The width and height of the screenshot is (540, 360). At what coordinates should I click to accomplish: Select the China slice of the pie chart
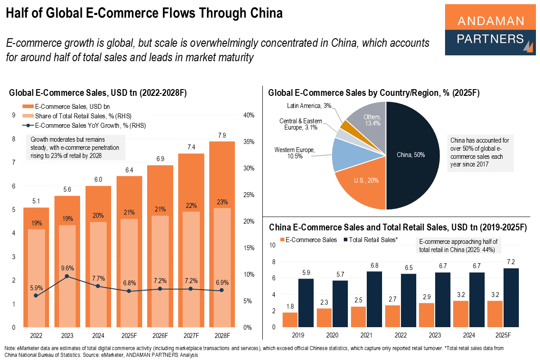412,155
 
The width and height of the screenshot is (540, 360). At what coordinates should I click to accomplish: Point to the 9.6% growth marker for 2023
67,276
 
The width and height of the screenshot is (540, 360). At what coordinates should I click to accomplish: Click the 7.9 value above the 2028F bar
221,135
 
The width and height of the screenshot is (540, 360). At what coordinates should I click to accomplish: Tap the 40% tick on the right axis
248,115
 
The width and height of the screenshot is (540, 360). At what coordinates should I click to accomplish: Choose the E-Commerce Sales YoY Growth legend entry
85,126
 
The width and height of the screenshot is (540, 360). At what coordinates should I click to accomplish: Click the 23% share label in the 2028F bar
221,201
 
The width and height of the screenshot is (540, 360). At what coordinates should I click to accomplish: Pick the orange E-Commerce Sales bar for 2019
290,319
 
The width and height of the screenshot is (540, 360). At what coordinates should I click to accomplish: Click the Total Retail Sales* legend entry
371,240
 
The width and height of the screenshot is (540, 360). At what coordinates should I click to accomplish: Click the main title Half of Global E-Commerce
144,13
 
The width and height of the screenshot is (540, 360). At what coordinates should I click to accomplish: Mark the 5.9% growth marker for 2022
36,295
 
